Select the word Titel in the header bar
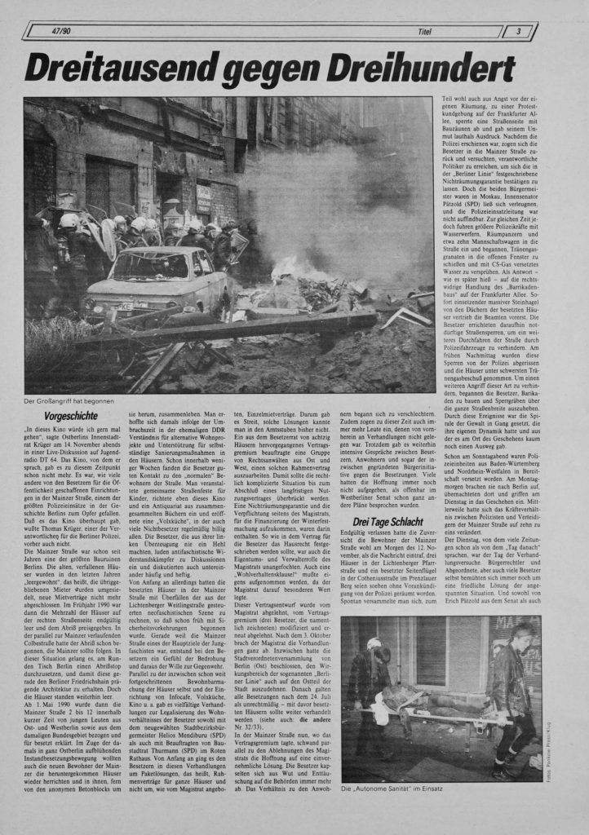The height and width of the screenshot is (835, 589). tap(424, 32)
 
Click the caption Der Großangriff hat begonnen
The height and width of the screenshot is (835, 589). tap(69, 400)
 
